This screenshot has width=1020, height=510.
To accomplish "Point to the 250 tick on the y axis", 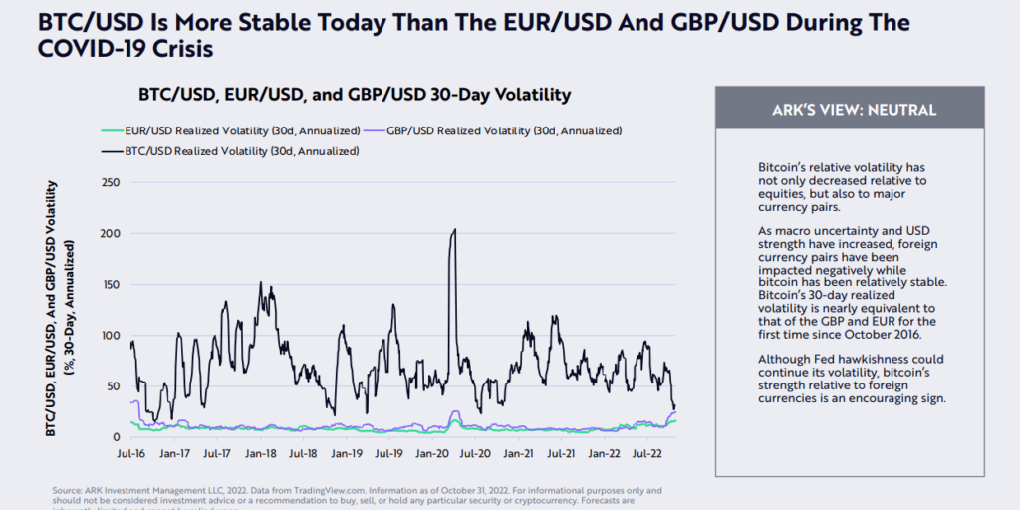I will coord(111,182).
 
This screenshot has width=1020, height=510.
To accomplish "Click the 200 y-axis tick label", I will coord(111,233).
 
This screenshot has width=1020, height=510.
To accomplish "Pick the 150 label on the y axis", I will coord(111,284).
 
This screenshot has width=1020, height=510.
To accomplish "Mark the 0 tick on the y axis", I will coord(116,436).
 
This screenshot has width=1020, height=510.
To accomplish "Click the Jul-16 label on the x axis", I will coord(131,453).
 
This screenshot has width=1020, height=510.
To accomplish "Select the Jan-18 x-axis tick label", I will coord(260,453).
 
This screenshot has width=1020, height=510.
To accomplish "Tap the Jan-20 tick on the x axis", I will coord(431,453).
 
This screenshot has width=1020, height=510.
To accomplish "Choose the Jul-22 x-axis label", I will coord(645,453).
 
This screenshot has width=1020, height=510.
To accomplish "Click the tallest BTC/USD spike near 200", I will coord(454,230).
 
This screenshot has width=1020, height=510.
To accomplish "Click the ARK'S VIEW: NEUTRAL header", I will coord(850,110).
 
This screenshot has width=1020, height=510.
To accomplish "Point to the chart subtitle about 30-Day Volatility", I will coord(354,95).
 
